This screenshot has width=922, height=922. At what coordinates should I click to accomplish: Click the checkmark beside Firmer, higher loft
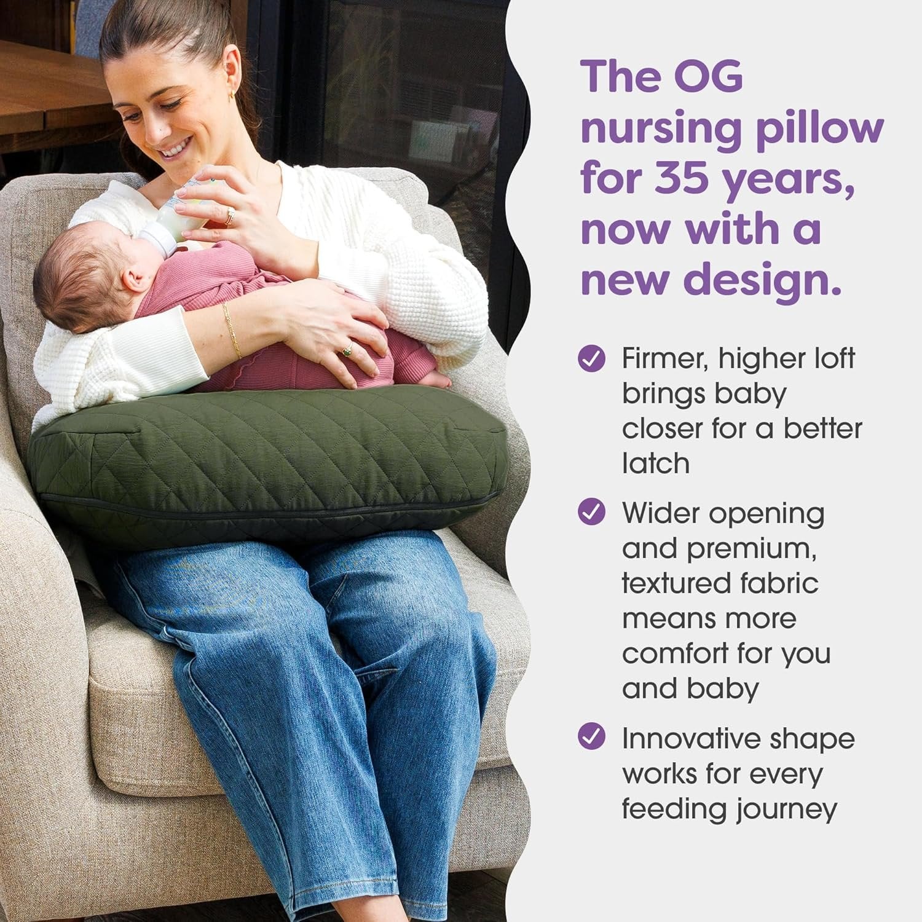[592, 358]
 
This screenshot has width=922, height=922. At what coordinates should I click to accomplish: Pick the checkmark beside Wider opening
[592, 512]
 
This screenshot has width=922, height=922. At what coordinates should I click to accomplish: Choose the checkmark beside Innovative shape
[592, 736]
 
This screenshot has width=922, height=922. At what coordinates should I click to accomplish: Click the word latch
[656, 463]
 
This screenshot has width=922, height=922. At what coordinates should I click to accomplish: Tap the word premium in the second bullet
[751, 549]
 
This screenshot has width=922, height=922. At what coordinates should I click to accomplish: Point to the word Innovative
[690, 738]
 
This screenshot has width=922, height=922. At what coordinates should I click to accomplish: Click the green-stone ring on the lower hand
[346, 352]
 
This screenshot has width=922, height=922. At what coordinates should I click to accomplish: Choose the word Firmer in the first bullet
[666, 359]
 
